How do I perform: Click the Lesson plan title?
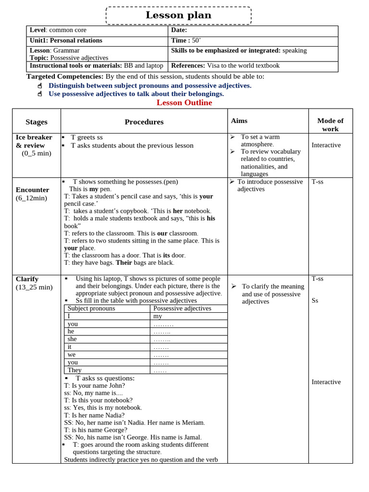click(x=178, y=15)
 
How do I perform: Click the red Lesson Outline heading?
click(x=184, y=103)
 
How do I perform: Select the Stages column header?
click(x=37, y=122)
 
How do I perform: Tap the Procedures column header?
click(x=144, y=122)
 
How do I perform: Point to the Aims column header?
click(x=239, y=121)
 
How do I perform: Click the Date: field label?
click(x=179, y=30)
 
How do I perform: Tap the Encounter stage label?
click(x=32, y=190)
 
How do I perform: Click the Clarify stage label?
click(x=27, y=279)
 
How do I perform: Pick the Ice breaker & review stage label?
click(x=34, y=141)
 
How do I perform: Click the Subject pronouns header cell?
click(x=91, y=308)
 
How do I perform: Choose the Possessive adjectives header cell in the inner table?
click(x=182, y=308)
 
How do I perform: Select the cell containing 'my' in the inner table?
click(x=158, y=316)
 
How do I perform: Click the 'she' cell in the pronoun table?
click(x=72, y=339)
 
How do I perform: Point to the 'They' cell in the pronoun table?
click(x=74, y=370)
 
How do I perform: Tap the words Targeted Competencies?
click(x=65, y=76)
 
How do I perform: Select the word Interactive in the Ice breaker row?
click(x=326, y=145)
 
